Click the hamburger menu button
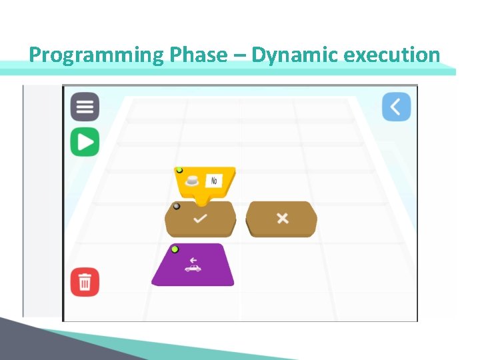(x=85, y=107)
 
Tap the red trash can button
(x=85, y=282)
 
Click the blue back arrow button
(x=396, y=107)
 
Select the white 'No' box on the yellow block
(x=215, y=181)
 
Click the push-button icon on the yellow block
(x=193, y=180)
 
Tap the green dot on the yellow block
(x=179, y=171)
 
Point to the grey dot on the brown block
(x=176, y=207)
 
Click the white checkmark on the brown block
(x=200, y=219)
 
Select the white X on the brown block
(x=282, y=219)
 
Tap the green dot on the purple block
(x=175, y=249)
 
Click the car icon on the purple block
(x=193, y=268)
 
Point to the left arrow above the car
(x=193, y=260)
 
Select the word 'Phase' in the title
(x=198, y=55)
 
